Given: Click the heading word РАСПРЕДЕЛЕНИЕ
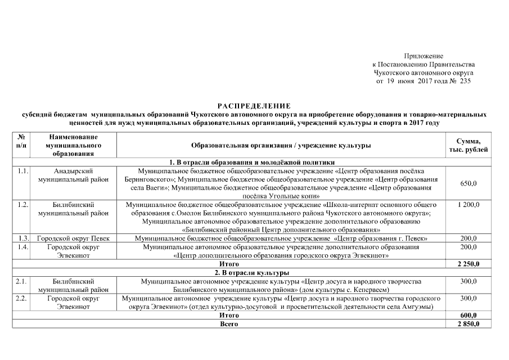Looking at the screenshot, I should (x=254, y=106).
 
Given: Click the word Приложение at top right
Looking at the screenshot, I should (x=424, y=56).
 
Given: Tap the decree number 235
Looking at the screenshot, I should (x=465, y=81).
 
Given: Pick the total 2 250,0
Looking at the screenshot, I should (x=468, y=264).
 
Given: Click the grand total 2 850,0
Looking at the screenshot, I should (x=468, y=324).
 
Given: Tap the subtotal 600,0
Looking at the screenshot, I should (x=468, y=316).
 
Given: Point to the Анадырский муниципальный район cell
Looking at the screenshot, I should (x=73, y=175).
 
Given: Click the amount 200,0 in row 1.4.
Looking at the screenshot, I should (x=468, y=247).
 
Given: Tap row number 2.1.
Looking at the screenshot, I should (x=22, y=281).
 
